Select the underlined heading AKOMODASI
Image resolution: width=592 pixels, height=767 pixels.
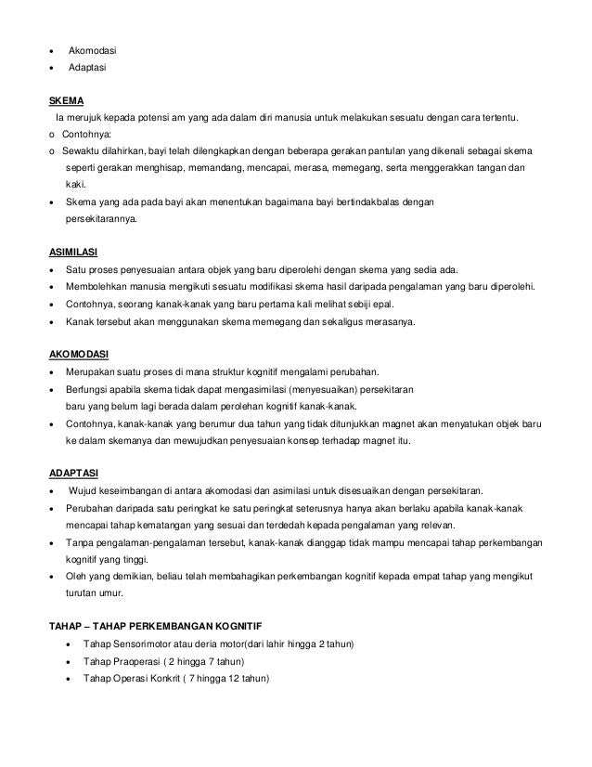click(x=77, y=355)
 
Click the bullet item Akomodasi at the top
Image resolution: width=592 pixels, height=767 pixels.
click(x=93, y=50)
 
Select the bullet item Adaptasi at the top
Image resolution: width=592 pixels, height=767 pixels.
click(x=90, y=69)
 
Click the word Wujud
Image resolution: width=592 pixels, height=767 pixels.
click(x=85, y=490)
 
